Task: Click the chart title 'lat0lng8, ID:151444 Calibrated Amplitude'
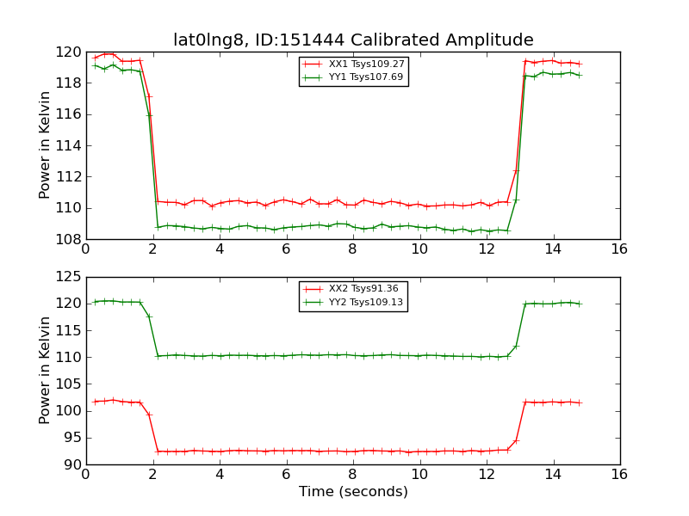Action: (x=353, y=40)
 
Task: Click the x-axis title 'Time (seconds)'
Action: (x=353, y=492)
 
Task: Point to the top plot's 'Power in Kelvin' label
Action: (x=46, y=145)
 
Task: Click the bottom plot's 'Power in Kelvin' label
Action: (x=46, y=371)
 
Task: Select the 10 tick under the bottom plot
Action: (x=419, y=475)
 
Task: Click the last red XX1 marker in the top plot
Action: (x=579, y=64)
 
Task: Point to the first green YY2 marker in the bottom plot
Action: (x=95, y=302)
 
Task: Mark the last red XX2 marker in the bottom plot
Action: (x=579, y=402)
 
